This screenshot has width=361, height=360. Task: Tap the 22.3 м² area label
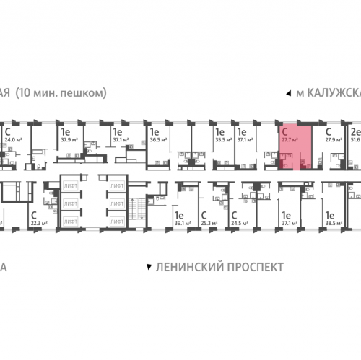[x=38, y=203]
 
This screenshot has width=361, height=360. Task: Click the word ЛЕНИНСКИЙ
[x=185, y=267]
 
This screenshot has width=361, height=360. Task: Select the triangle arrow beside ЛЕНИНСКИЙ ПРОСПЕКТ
[x=149, y=267]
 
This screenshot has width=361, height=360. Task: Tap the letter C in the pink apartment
[x=286, y=131]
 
